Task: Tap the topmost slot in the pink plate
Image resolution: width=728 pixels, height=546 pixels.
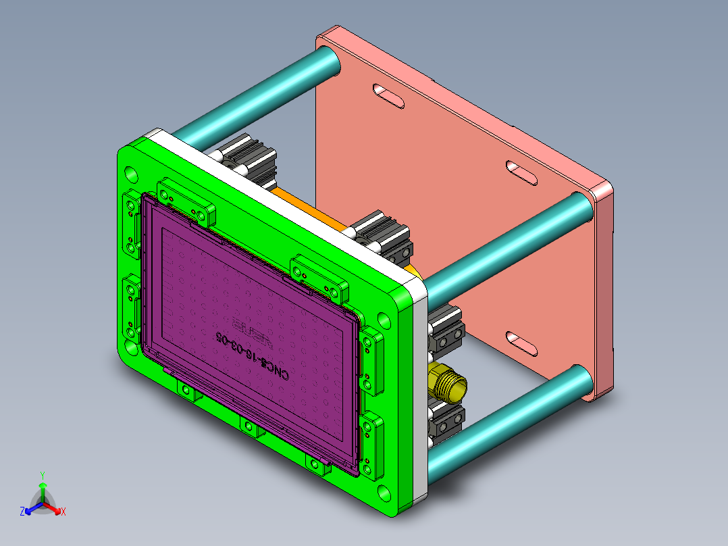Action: [390, 95]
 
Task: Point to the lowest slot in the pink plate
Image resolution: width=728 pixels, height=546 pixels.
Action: [522, 343]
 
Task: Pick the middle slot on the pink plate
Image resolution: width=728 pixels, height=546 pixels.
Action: [522, 172]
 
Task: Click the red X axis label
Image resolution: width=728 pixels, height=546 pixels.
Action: [63, 512]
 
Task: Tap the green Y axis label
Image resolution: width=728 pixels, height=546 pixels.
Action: [42, 475]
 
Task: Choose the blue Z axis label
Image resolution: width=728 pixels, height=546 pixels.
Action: [22, 512]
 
